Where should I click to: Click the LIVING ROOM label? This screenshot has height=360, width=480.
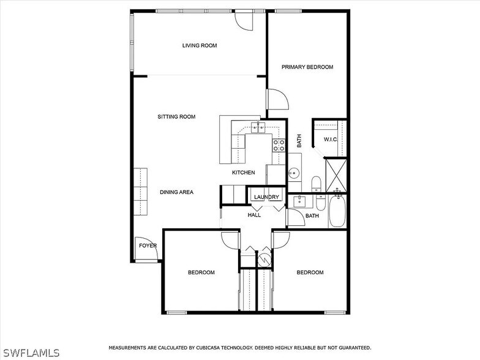click(200, 45)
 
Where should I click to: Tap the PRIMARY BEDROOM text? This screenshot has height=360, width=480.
click(307, 67)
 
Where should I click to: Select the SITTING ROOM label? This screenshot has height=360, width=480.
click(176, 116)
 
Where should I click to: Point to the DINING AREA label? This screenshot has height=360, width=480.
click(176, 192)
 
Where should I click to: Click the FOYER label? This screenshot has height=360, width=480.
click(148, 246)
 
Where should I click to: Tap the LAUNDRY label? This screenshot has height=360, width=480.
click(266, 197)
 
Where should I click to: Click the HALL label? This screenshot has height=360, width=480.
click(254, 215)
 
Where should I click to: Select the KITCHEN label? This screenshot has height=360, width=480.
click(243, 173)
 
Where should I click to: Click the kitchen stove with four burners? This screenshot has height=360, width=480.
click(279, 145)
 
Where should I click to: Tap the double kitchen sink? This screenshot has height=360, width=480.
click(258, 127)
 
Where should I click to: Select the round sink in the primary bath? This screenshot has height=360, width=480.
click(294, 173)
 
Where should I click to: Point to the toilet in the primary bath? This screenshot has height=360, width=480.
click(317, 183)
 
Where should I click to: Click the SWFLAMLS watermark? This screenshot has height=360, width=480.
click(30, 353)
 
